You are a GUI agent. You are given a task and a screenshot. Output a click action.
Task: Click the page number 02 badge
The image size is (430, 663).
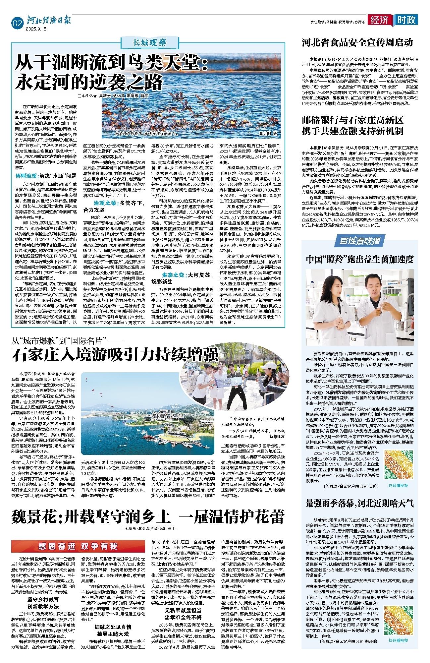pyautogui.click(x=17, y=23)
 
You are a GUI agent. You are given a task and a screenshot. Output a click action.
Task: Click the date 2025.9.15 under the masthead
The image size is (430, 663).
pyautogui.click(x=36, y=29)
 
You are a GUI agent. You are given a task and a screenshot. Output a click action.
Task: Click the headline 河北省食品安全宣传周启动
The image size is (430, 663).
pyautogui.click(x=357, y=43)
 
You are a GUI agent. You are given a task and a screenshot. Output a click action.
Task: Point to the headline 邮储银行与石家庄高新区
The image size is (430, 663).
pyautogui.click(x=352, y=120)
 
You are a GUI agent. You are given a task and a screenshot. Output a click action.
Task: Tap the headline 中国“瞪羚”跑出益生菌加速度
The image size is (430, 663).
pyautogui.click(x=359, y=259)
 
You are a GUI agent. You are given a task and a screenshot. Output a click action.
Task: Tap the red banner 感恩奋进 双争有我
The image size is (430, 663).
pyautogui.click(x=78, y=546)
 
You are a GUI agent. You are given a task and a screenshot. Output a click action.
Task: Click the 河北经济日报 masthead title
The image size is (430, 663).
pyautogui.click(x=49, y=21)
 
